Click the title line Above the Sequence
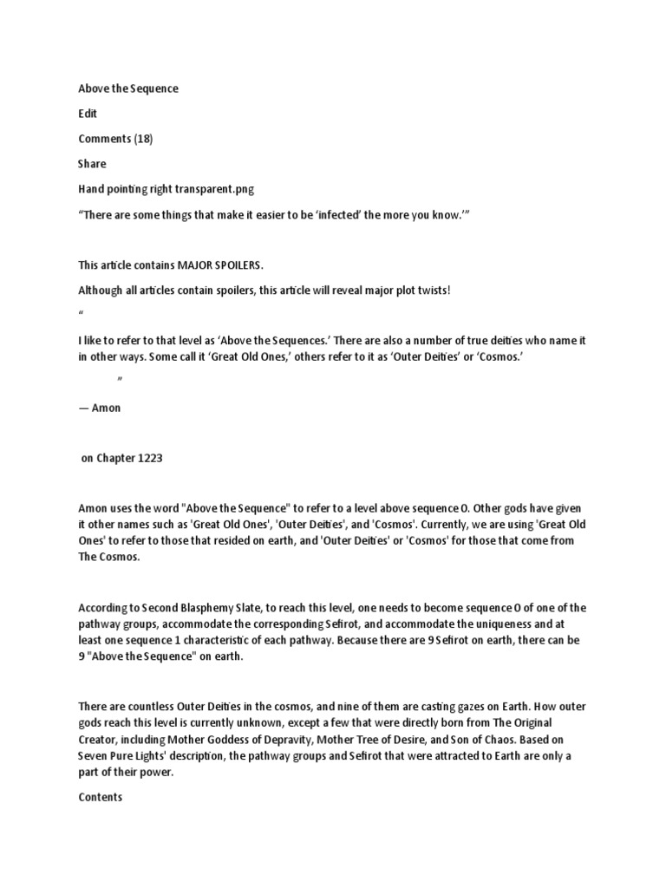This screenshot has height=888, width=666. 128,88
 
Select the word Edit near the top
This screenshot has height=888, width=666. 88,114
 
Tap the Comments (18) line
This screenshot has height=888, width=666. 115,139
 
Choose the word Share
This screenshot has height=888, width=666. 92,164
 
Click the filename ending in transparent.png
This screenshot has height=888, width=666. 216,189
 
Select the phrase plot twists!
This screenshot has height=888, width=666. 420,290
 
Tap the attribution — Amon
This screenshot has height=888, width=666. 100,408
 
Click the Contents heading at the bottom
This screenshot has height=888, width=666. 101,797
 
